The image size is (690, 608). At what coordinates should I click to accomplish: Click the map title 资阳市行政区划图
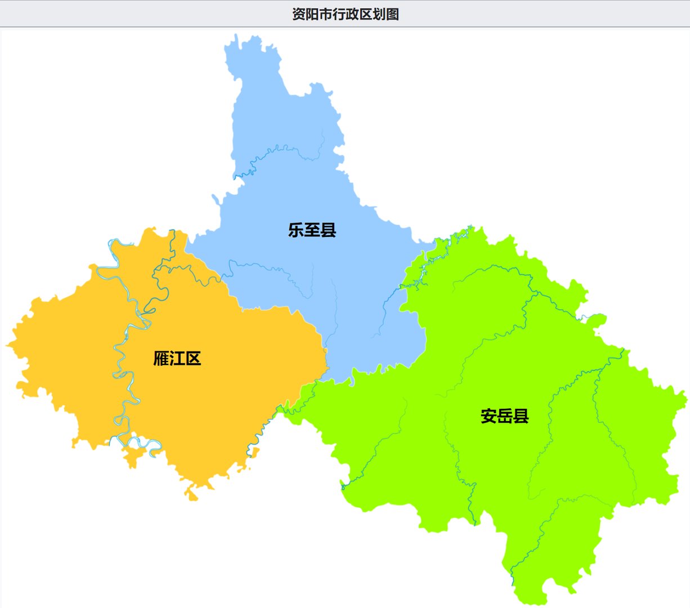(x=345, y=14)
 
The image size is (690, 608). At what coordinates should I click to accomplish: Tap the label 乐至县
(x=312, y=230)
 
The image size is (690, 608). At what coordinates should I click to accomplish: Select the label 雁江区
(x=177, y=359)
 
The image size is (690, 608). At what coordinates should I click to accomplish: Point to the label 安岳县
(x=505, y=416)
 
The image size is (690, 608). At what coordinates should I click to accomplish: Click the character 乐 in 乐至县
(x=296, y=230)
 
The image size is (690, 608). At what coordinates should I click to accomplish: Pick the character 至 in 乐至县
(x=312, y=230)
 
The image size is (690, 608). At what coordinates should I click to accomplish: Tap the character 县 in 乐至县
(x=328, y=230)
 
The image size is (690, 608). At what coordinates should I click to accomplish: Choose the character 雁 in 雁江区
(x=162, y=359)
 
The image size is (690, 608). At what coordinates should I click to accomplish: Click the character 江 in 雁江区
(x=177, y=359)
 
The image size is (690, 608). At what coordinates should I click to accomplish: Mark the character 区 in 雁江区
(x=194, y=359)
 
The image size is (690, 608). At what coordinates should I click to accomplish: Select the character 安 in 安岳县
(x=489, y=416)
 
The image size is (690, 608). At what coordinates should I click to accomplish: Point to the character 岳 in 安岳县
(x=505, y=416)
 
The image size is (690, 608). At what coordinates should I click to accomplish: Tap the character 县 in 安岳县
(x=521, y=416)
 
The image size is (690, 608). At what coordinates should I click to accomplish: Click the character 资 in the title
(x=298, y=14)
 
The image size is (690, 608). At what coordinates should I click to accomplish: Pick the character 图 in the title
(x=392, y=14)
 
